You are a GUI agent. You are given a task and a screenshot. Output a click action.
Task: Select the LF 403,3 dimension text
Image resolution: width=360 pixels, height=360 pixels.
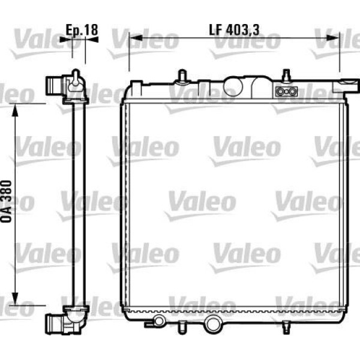(x=234, y=29)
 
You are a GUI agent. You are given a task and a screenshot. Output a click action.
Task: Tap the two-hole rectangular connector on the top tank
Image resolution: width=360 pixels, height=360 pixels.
(x=286, y=92)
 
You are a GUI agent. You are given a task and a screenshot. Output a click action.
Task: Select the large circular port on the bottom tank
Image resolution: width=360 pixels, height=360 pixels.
(x=212, y=323)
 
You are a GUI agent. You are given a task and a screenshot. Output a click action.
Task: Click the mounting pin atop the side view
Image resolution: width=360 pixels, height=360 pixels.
(x=75, y=76)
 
